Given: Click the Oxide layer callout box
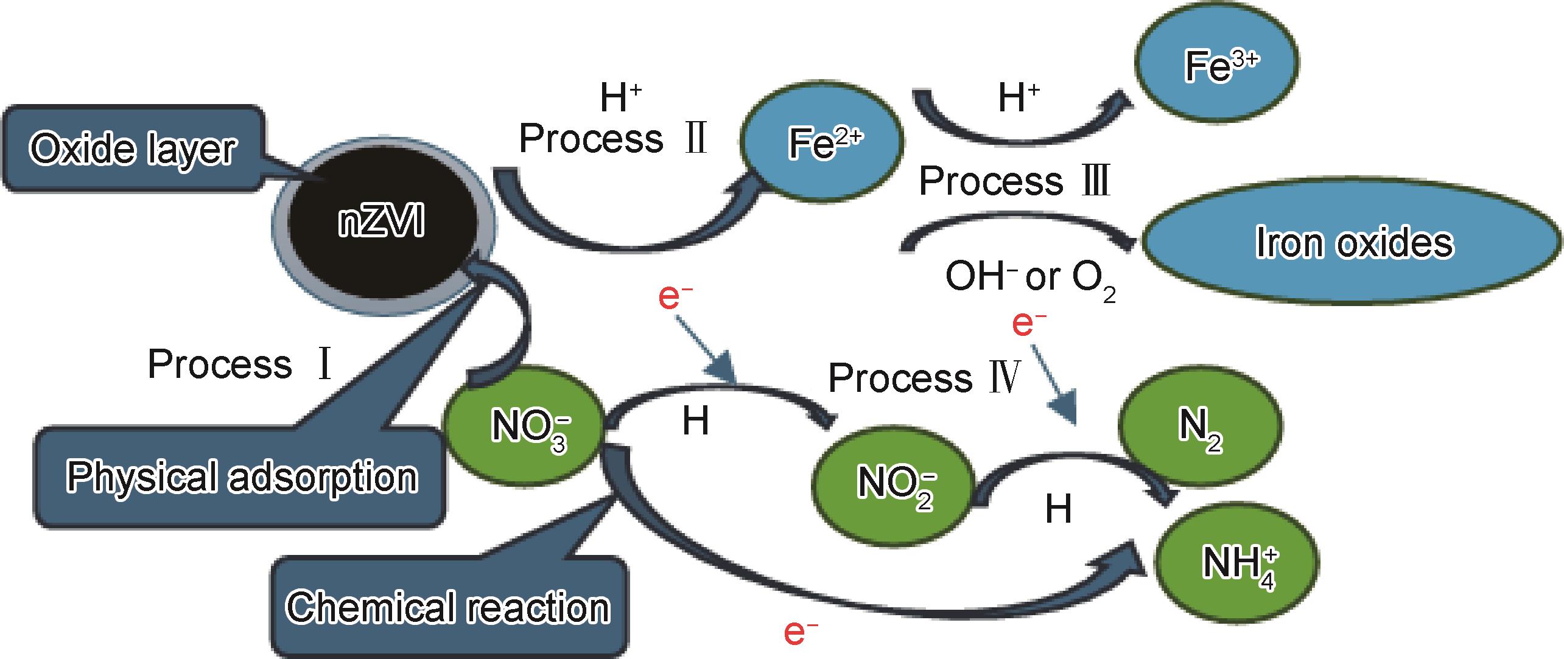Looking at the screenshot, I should [133, 149].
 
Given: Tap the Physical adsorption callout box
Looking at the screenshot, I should [241, 477].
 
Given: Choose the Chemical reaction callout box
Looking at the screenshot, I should [448, 607].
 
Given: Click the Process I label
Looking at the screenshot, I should [240, 364].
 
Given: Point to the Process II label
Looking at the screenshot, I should [612, 138].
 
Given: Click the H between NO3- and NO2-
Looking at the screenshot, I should [695, 421].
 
